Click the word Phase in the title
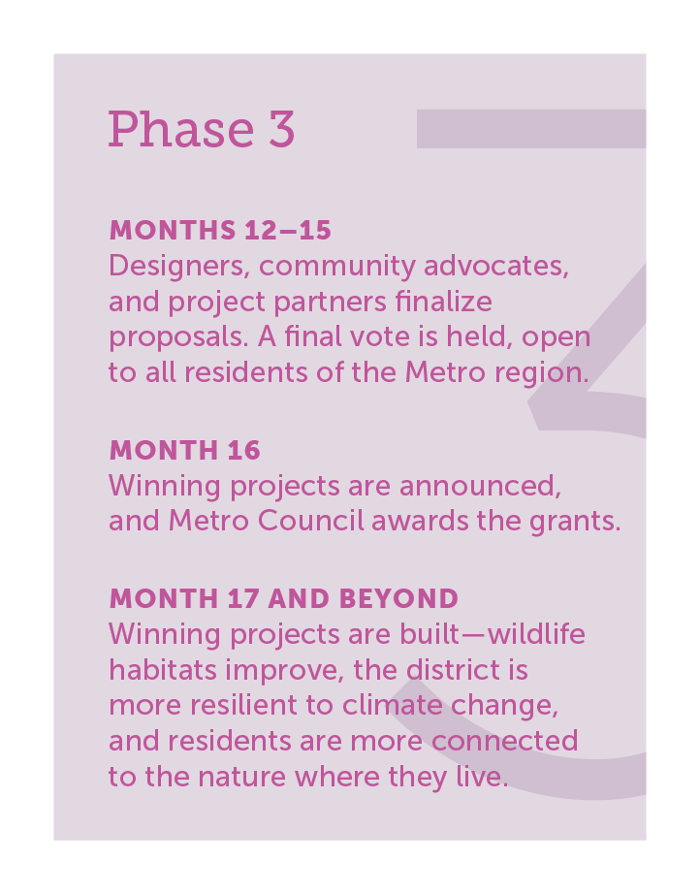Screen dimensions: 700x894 (x=180, y=129)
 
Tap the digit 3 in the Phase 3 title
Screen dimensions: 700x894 (x=281, y=129)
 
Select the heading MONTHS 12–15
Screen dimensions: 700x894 (x=220, y=231)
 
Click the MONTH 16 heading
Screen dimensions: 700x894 (x=184, y=451)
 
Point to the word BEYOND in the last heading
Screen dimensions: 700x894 (x=398, y=598)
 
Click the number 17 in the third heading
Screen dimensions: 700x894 (x=243, y=598)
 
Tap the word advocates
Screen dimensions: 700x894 (x=496, y=267)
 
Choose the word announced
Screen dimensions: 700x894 (x=480, y=487)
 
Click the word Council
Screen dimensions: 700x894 (x=310, y=521)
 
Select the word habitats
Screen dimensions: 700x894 (x=163, y=670)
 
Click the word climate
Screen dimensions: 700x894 (x=393, y=705)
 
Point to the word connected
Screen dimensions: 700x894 (x=504, y=741)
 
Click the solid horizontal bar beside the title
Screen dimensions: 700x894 (x=531, y=129)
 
